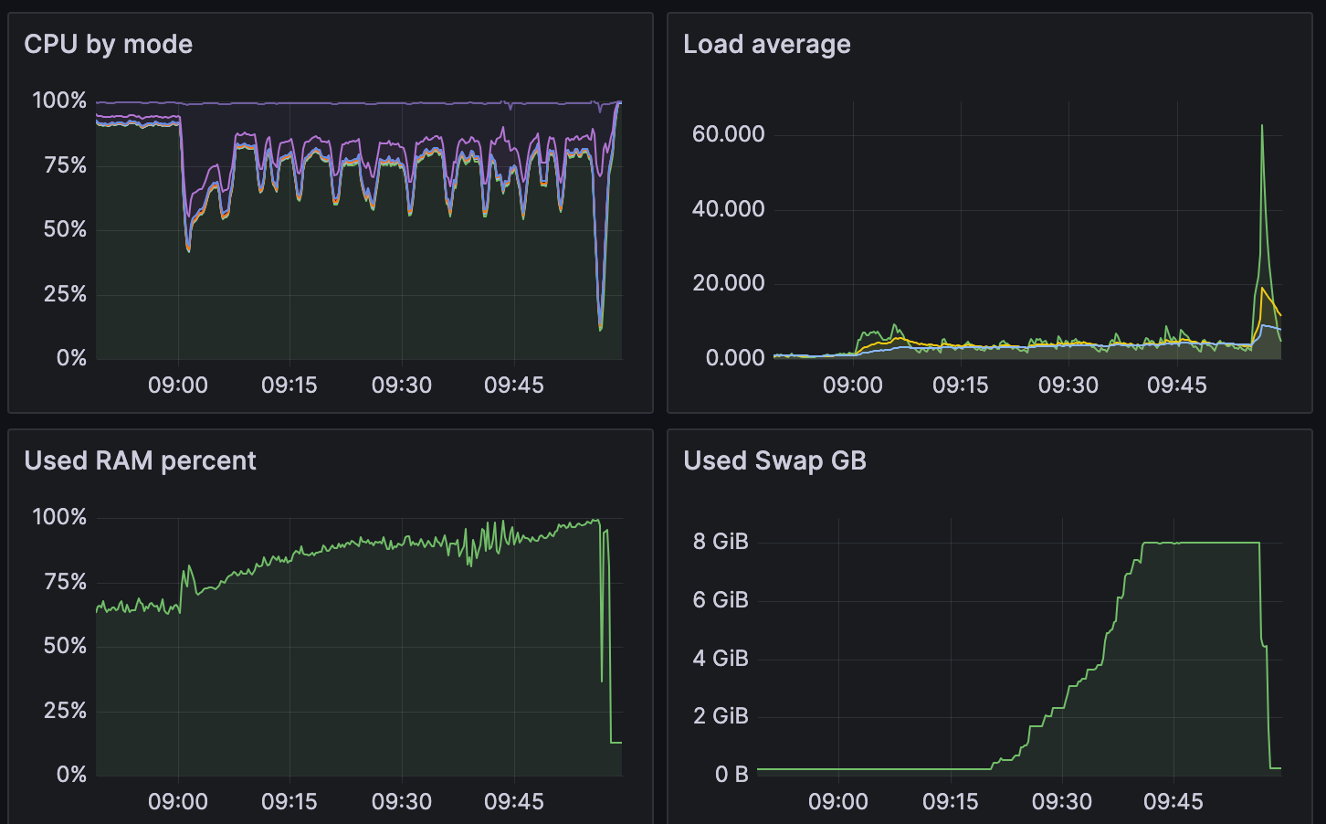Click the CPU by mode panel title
click(x=108, y=44)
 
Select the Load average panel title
click(x=766, y=44)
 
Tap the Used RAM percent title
click(x=140, y=460)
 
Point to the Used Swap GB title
click(x=774, y=460)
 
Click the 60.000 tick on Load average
click(x=728, y=134)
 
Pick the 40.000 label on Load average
click(x=728, y=209)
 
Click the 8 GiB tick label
click(x=720, y=542)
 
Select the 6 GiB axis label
click(x=720, y=600)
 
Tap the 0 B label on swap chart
click(x=731, y=775)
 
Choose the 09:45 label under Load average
click(x=1176, y=385)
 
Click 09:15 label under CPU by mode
click(x=289, y=385)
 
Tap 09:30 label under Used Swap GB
click(x=1061, y=801)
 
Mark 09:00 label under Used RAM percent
click(x=177, y=801)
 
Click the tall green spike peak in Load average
click(x=1262, y=126)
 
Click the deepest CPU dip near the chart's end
click(x=600, y=329)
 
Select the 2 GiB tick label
click(x=720, y=716)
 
